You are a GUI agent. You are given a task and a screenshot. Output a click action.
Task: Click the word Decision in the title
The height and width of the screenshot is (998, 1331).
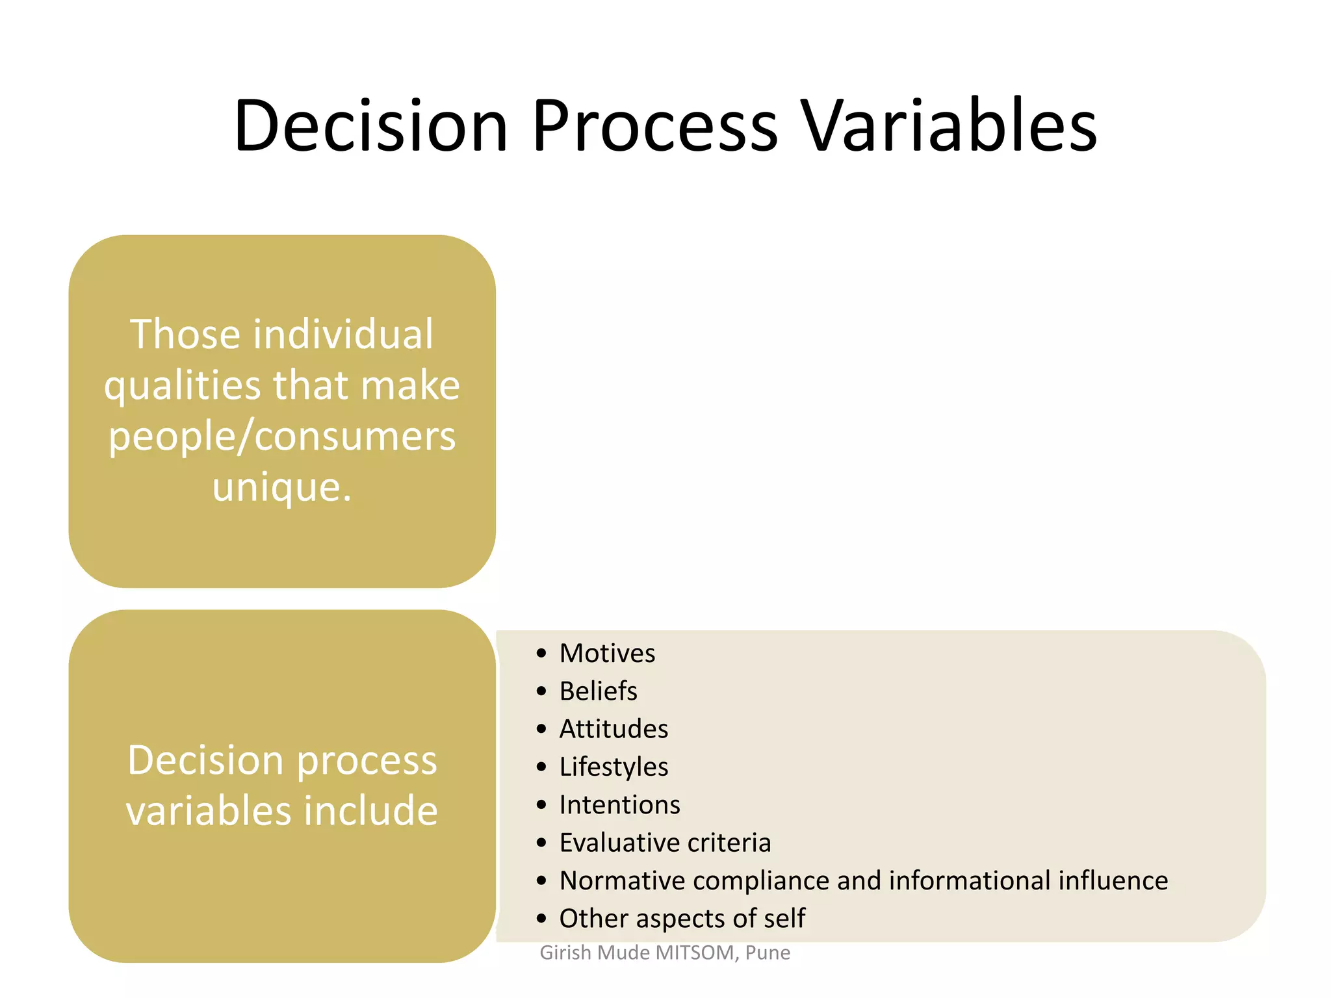[x=370, y=125]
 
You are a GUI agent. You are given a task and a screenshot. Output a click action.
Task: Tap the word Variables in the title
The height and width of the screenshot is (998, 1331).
[x=949, y=125]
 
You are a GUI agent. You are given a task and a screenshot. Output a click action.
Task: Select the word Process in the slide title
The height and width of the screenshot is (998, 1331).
[x=654, y=125]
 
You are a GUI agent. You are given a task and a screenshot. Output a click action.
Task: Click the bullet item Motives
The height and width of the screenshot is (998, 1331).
[x=607, y=653]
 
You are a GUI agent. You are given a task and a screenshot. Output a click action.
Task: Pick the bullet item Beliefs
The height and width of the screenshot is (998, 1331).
[x=598, y=691]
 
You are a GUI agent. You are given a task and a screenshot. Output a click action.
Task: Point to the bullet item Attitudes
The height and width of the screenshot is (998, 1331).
[x=614, y=729]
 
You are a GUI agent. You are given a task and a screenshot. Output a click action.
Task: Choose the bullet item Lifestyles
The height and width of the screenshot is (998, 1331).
[x=614, y=767]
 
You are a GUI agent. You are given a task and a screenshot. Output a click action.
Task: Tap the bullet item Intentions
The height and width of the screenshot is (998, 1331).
[x=619, y=805]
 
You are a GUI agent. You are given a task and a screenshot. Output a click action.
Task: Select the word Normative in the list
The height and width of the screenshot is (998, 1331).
[x=622, y=881]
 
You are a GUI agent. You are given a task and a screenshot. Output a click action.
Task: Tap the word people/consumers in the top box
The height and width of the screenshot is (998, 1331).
[x=282, y=437]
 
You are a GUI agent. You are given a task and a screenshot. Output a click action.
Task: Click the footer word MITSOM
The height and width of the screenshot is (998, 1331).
[x=695, y=953]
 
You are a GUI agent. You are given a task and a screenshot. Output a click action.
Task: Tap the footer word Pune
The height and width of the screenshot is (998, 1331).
[x=768, y=953]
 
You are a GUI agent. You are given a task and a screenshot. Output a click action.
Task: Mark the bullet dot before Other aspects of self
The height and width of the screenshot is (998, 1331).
[x=541, y=919]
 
